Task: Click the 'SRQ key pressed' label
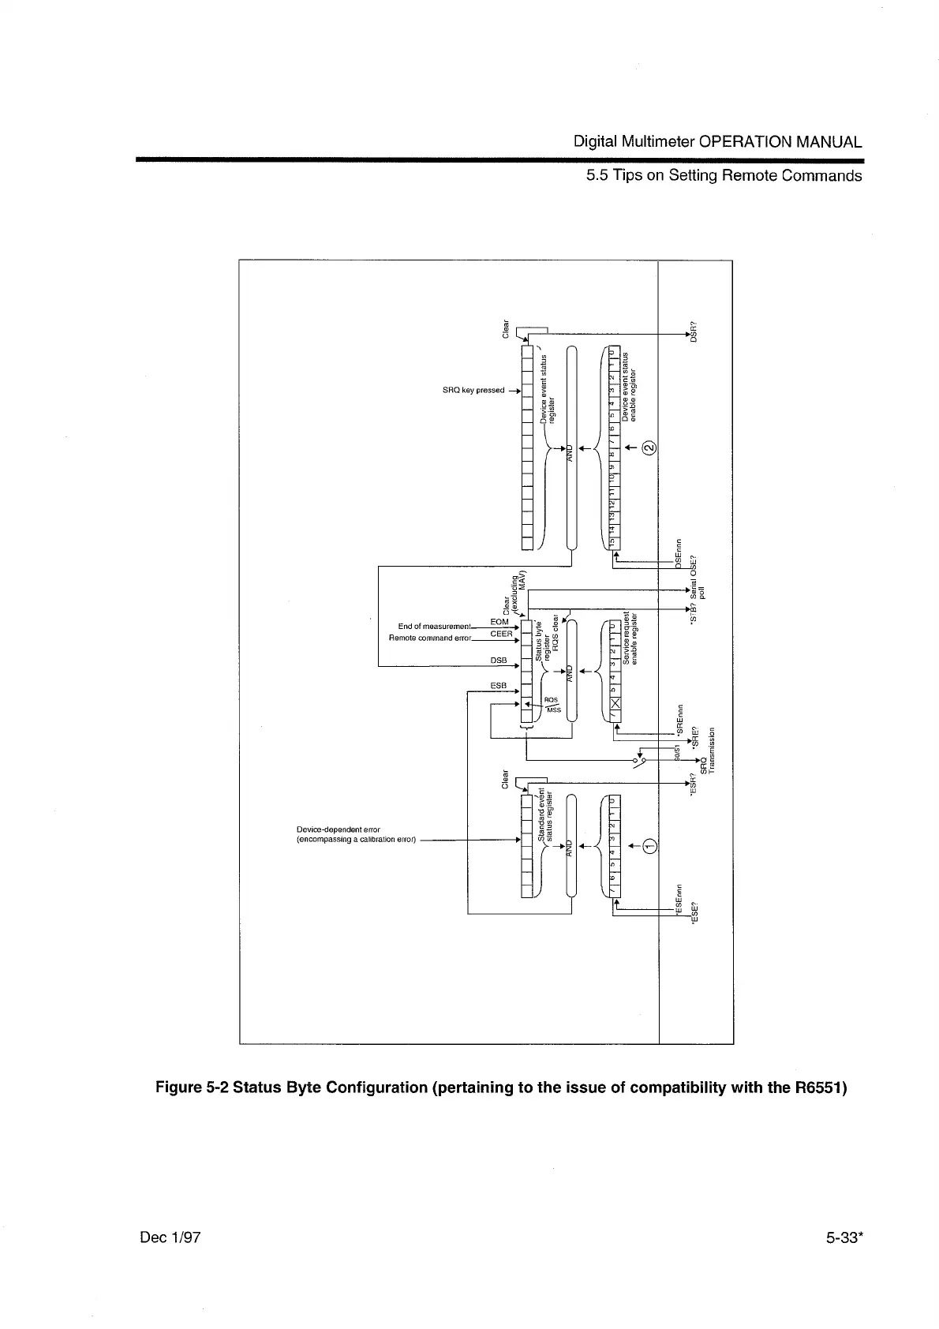(475, 391)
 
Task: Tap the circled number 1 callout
(649, 847)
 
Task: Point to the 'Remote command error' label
(430, 638)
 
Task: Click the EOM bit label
(499, 623)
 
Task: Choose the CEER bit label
(501, 634)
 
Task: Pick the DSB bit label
(498, 660)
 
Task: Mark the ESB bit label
(498, 686)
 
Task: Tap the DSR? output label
(694, 331)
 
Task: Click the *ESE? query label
(694, 913)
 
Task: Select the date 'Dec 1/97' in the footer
(170, 1237)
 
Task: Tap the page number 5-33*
(841, 1237)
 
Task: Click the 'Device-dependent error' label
(338, 829)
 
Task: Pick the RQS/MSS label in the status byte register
(552, 705)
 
